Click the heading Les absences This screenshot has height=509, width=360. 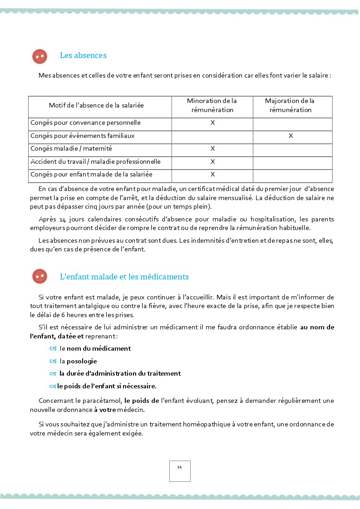coord(83,55)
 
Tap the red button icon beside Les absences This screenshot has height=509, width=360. coord(40,56)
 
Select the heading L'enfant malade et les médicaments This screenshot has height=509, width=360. coord(124,277)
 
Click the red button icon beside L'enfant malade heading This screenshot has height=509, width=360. coord(40,276)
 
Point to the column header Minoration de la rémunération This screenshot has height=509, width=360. coord(212,105)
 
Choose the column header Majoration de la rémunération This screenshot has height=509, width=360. coord(290,105)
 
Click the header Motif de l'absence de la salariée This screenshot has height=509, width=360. coord(96,105)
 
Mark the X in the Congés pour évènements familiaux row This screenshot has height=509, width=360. coord(291,136)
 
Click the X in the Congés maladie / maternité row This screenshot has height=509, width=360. coord(212,148)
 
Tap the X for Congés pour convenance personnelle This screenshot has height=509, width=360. coord(212,122)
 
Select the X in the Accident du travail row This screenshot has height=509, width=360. coord(212,162)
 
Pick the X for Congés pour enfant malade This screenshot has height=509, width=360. coord(212,174)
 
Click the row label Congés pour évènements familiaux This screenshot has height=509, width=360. coord(82,136)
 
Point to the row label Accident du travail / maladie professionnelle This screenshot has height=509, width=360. coord(95,162)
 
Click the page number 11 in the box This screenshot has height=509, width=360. coord(180,467)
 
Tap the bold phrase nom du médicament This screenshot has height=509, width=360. coord(99,348)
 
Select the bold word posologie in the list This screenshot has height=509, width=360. coord(82,361)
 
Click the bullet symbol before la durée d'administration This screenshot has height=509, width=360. coord(53,374)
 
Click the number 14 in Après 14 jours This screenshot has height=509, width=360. coord(62,220)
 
